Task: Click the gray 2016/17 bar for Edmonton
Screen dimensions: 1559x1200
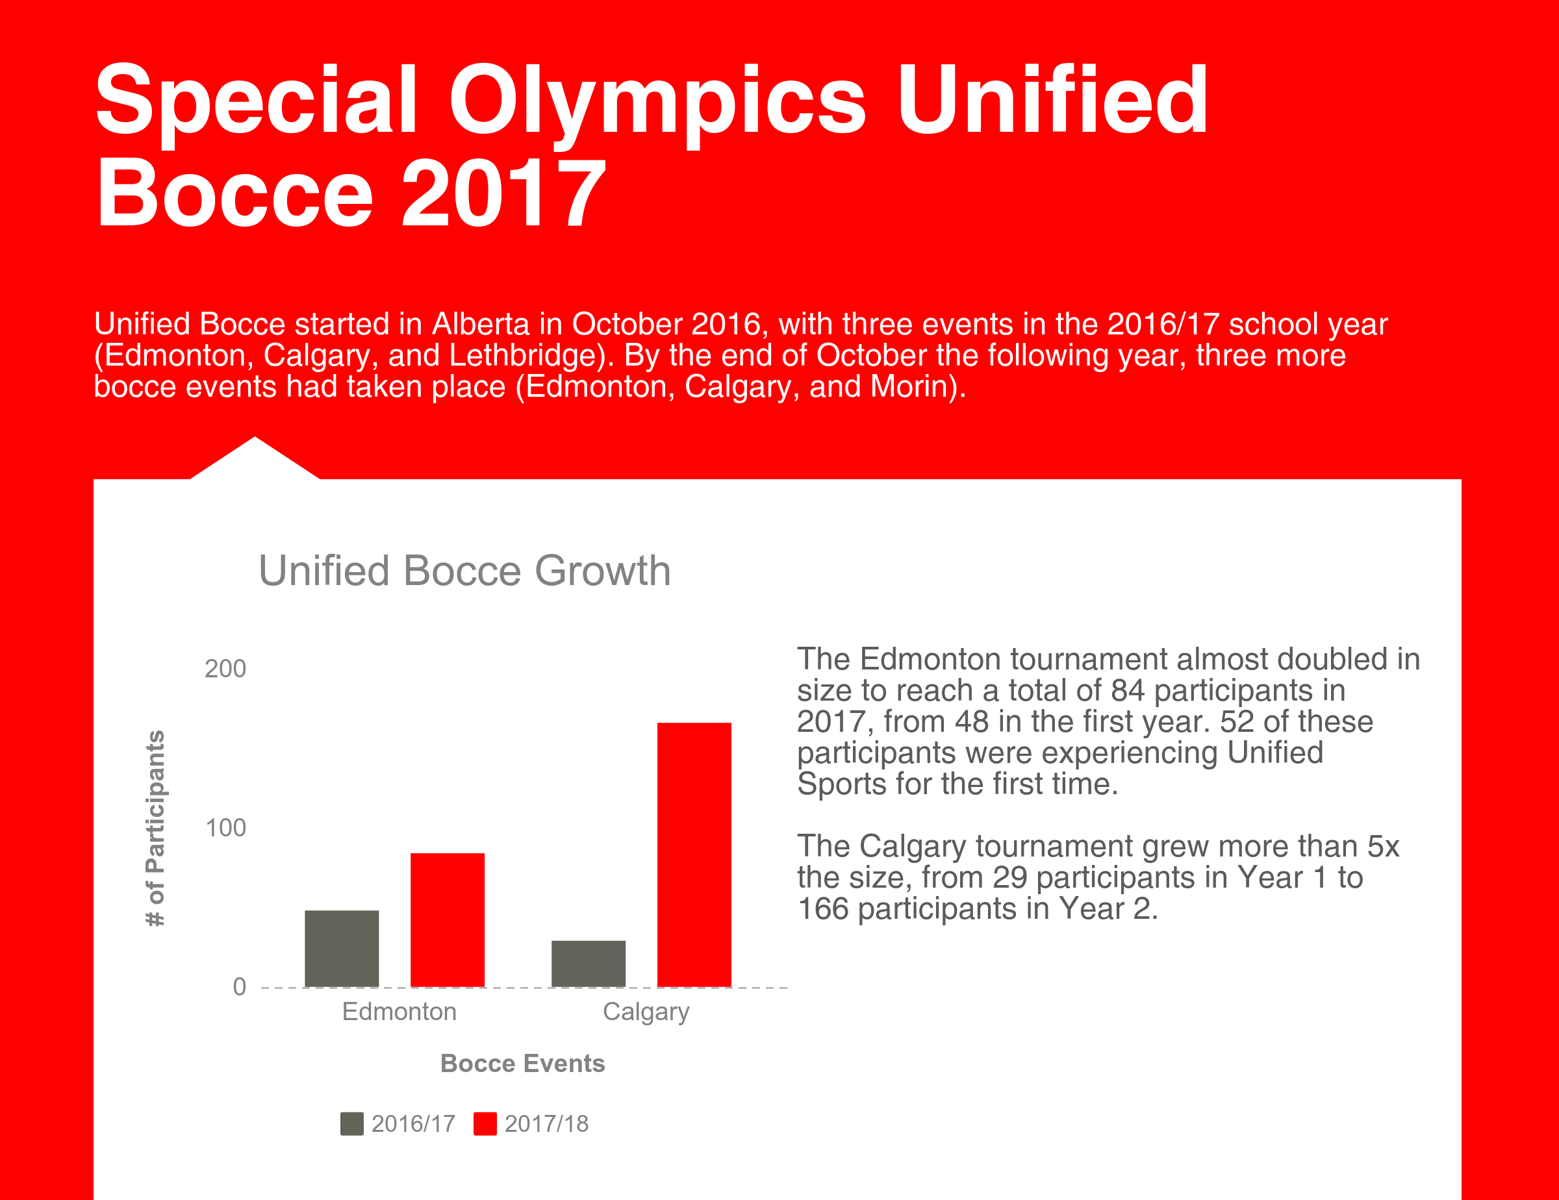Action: coord(342,949)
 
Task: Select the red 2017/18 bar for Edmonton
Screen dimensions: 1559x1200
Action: coord(448,920)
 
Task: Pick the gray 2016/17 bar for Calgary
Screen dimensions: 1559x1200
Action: coord(589,964)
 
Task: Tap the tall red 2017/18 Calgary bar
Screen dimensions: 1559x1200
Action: coord(694,855)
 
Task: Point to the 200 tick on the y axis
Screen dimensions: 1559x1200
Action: coord(225,668)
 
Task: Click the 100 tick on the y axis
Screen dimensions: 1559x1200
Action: coord(225,827)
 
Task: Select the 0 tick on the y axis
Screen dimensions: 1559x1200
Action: coord(239,986)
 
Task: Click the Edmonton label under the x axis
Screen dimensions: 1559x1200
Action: coord(399,1012)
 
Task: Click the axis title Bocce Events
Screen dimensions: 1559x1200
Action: coord(522,1063)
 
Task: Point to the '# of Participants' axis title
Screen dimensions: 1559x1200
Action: coord(155,829)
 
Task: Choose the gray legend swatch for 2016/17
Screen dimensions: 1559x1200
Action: coord(352,1123)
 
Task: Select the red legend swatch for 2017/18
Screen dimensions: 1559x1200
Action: coord(485,1123)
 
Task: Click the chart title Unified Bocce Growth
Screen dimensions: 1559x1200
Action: coord(464,571)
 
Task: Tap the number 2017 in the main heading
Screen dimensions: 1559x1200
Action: coord(504,193)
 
